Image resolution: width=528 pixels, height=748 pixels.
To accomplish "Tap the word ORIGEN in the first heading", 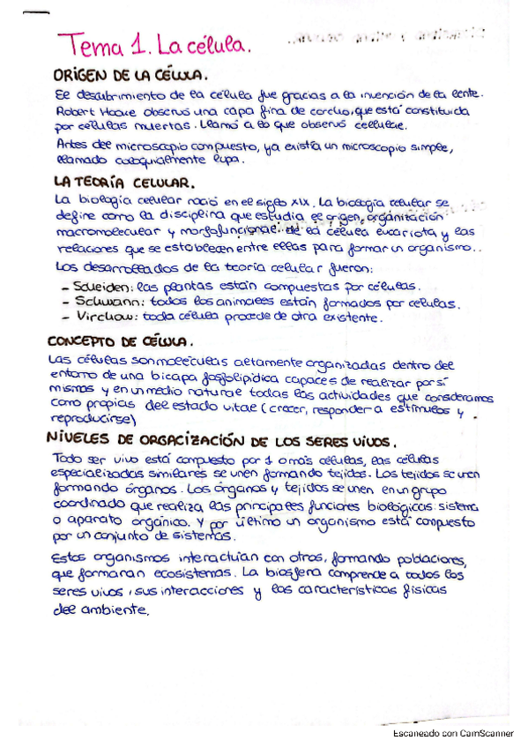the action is pyautogui.click(x=86, y=75).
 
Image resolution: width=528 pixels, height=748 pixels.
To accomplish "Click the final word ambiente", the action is pyautogui.click(x=114, y=611).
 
